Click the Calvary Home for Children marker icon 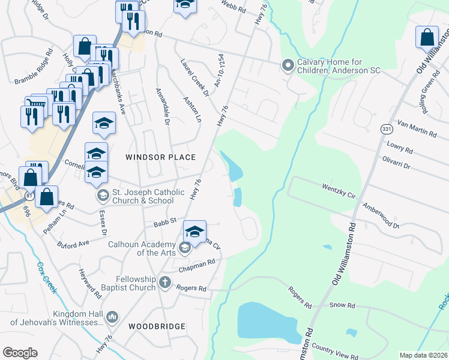pos(288,65)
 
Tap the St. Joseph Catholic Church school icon pos(103,196)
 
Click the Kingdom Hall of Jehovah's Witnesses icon pos(112,317)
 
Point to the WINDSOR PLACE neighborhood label pos(160,157)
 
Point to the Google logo pos(20,353)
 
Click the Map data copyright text pos(423,355)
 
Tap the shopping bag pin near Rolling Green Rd pos(426,37)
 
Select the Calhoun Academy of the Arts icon pos(185,246)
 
